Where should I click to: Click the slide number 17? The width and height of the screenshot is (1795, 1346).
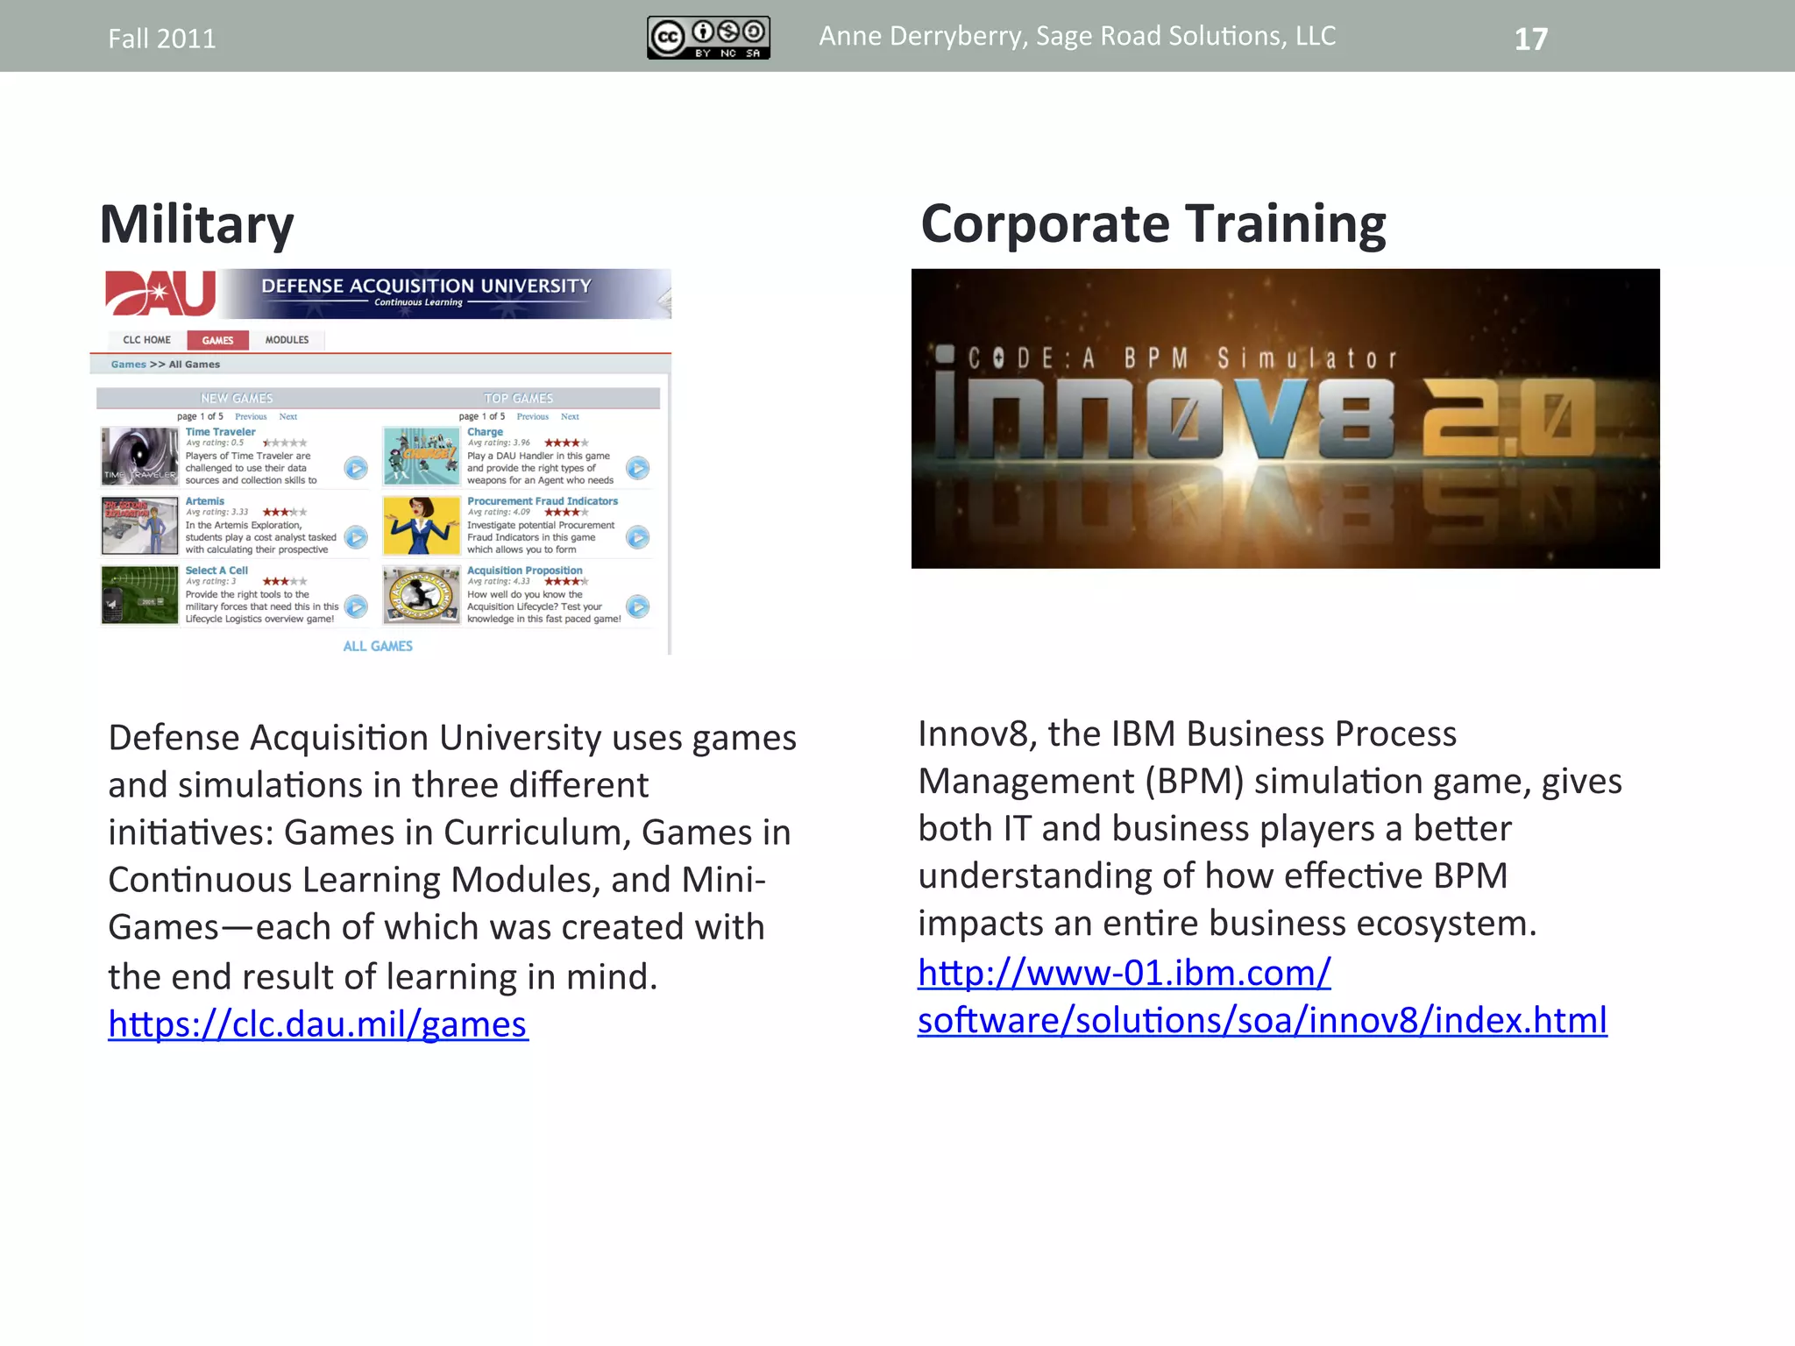coord(1530,39)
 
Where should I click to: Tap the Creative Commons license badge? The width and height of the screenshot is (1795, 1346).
coord(708,38)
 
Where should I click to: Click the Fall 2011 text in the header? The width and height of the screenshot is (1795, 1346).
coord(161,39)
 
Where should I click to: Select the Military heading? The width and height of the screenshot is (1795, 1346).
coord(196,224)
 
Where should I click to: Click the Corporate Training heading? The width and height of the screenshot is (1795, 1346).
coord(1153,224)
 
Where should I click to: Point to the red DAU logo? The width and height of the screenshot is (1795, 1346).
coord(160,293)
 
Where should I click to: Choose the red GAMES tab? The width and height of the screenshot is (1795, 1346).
coord(217,340)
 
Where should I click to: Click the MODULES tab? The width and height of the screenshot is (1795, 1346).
coord(287,340)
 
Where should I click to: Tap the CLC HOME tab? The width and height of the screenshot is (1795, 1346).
coord(146,340)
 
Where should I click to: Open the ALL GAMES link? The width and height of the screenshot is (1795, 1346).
coord(377,646)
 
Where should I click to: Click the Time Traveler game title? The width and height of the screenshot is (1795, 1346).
coord(220,432)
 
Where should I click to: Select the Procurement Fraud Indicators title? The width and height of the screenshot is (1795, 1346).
coord(542,501)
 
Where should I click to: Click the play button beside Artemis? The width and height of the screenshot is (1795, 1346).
coord(356,537)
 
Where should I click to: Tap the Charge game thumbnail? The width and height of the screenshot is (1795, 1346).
coord(421,457)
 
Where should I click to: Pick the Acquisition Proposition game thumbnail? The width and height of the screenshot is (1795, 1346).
coord(421,595)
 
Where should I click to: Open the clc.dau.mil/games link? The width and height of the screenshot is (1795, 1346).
coord(317,1024)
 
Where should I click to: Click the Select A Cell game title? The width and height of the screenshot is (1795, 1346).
coord(216,570)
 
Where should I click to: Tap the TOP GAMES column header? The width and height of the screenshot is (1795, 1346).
coord(518,399)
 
